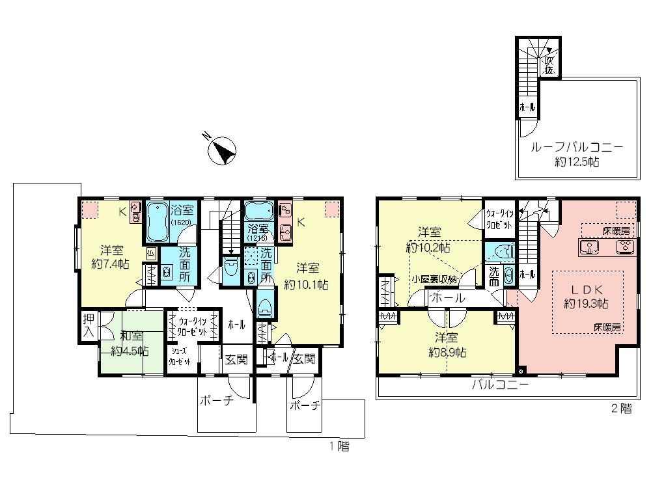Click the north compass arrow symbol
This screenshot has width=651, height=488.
pyautogui.click(x=221, y=150)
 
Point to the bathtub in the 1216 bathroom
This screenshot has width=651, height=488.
pyautogui.click(x=258, y=212)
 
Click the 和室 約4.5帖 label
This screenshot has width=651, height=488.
pyautogui.click(x=130, y=343)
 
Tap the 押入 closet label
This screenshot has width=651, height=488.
pyautogui.click(x=89, y=325)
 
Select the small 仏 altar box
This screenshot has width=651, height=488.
pyautogui.click(x=151, y=253)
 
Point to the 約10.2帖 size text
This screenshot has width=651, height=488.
pyautogui.click(x=428, y=247)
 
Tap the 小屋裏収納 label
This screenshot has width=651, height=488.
pyautogui.click(x=435, y=279)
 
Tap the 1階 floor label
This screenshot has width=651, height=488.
pyautogui.click(x=339, y=446)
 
